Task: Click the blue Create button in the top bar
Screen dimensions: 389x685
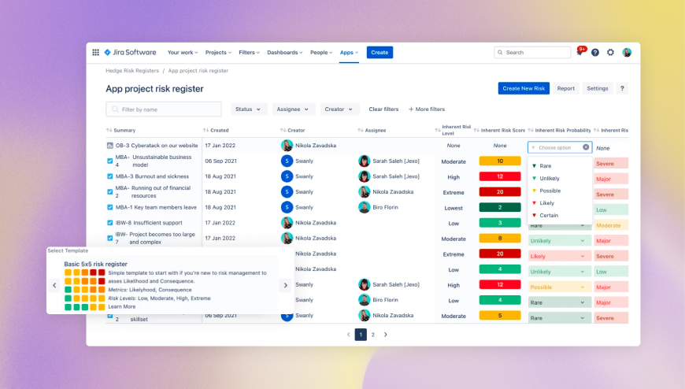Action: tap(380, 53)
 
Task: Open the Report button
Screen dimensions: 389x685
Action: tap(565, 88)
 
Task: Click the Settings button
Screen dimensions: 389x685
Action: tap(598, 88)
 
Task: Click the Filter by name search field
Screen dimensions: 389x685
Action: tap(164, 109)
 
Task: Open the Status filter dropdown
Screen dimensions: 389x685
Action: tap(248, 109)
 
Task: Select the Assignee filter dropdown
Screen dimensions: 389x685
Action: tap(294, 109)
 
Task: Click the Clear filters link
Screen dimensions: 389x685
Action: tap(383, 109)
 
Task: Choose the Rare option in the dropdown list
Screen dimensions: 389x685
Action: tap(546, 166)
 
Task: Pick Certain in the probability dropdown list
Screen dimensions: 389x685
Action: tap(549, 215)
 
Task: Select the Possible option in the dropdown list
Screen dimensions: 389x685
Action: tap(550, 191)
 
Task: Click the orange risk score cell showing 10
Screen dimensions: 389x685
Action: tap(499, 161)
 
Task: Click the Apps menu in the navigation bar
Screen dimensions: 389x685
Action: tap(349, 53)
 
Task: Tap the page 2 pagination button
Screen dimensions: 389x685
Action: tap(373, 335)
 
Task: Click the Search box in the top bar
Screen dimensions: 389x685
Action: tap(532, 53)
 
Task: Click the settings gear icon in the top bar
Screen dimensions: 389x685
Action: tap(610, 53)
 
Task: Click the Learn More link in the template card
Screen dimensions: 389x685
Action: tap(122, 306)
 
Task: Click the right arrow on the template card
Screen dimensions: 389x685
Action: tap(285, 285)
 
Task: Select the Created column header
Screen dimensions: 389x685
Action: tap(220, 130)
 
